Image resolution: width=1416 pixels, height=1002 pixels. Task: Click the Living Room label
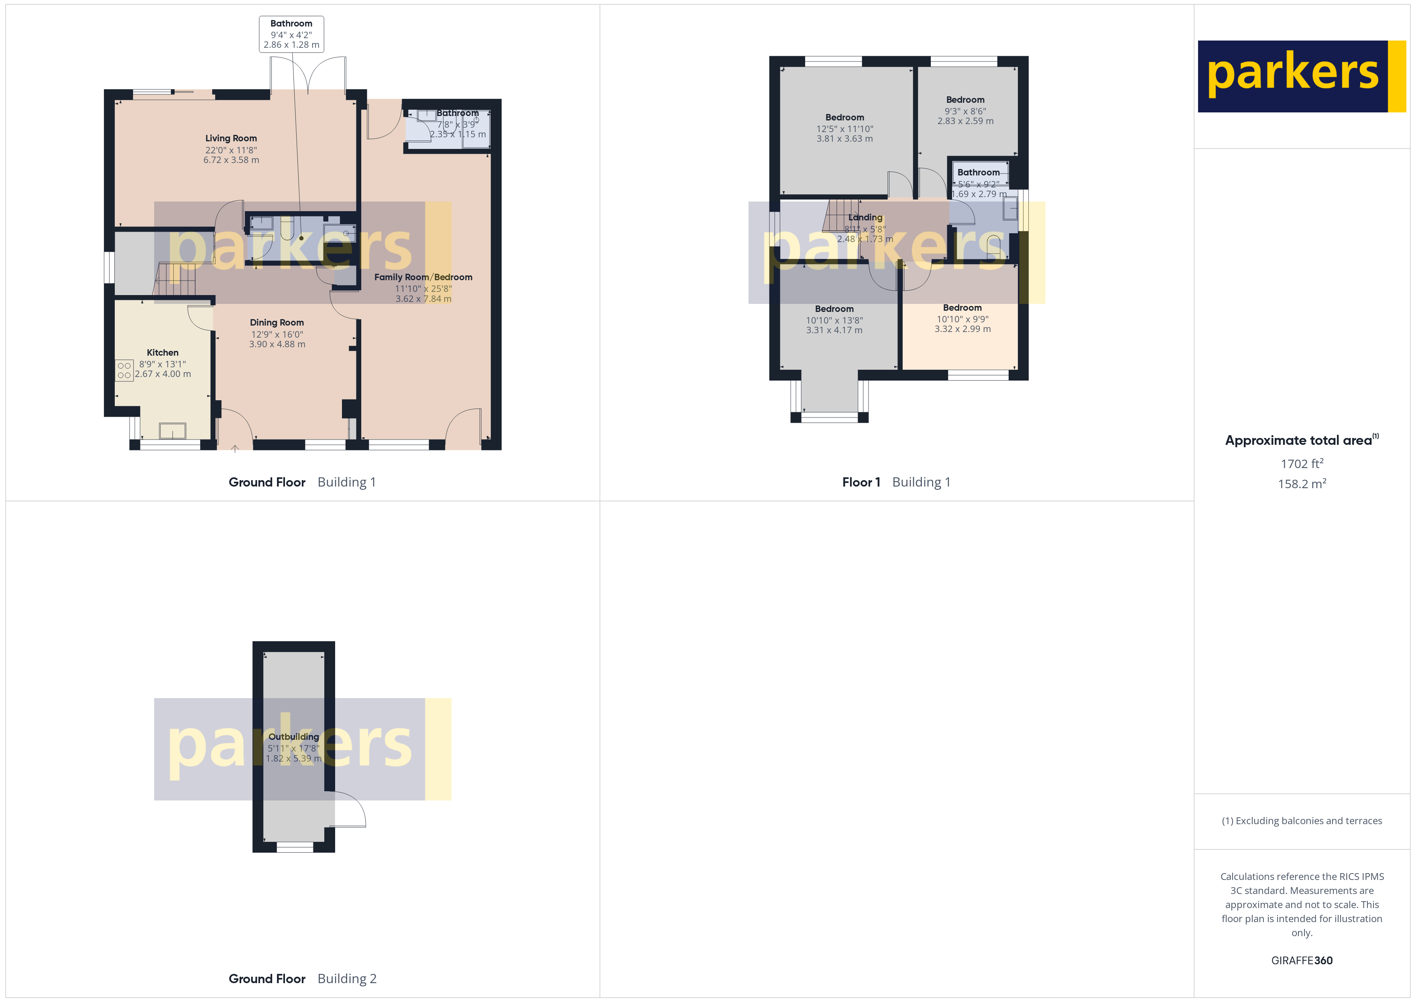[x=231, y=138]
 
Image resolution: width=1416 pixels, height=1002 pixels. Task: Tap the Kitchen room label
[x=162, y=353]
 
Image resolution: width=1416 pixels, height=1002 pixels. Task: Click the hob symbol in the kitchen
[x=124, y=370]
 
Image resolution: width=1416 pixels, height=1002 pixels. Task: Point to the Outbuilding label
[x=293, y=737]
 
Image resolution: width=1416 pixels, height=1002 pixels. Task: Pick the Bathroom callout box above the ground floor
[x=291, y=34]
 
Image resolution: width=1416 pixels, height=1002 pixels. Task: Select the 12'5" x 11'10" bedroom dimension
[x=844, y=129]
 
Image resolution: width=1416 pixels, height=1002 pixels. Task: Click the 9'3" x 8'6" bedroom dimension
[x=965, y=111]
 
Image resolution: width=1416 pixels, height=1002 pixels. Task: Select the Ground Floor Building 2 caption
[x=302, y=979]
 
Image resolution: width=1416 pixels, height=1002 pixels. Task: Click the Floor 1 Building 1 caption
[x=896, y=482]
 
